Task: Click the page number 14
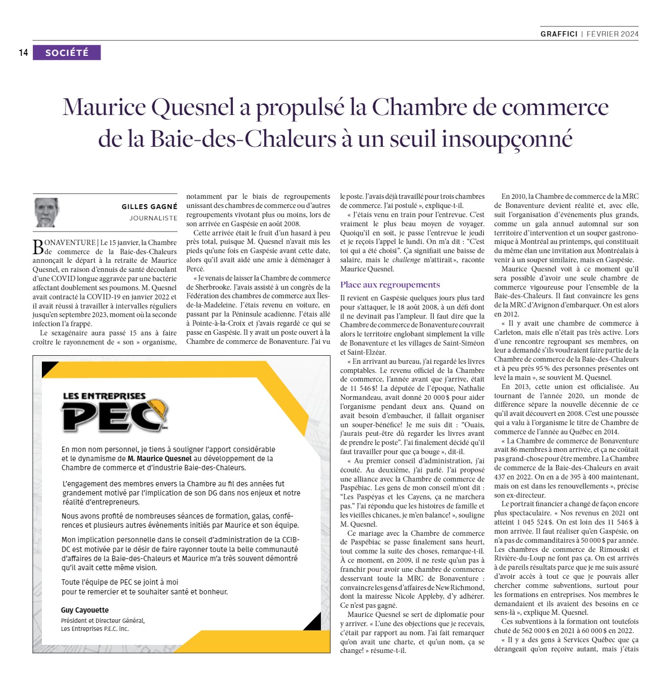coord(23,53)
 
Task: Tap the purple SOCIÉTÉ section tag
coord(67,53)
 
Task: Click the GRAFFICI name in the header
coord(559,34)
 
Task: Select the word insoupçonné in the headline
coord(507,139)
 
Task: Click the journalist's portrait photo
coord(46,212)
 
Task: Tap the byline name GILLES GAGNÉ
coord(149,207)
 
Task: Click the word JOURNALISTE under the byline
coord(153,218)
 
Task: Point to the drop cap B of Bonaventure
coord(38,247)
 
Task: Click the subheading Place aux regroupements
coord(390,285)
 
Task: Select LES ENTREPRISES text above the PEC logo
coord(104,396)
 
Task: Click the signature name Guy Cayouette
coord(85,610)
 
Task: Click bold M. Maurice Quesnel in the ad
coord(160,458)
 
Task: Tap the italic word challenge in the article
coord(406,260)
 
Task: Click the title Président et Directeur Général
coord(103,620)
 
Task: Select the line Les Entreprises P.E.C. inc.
coord(95,629)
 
